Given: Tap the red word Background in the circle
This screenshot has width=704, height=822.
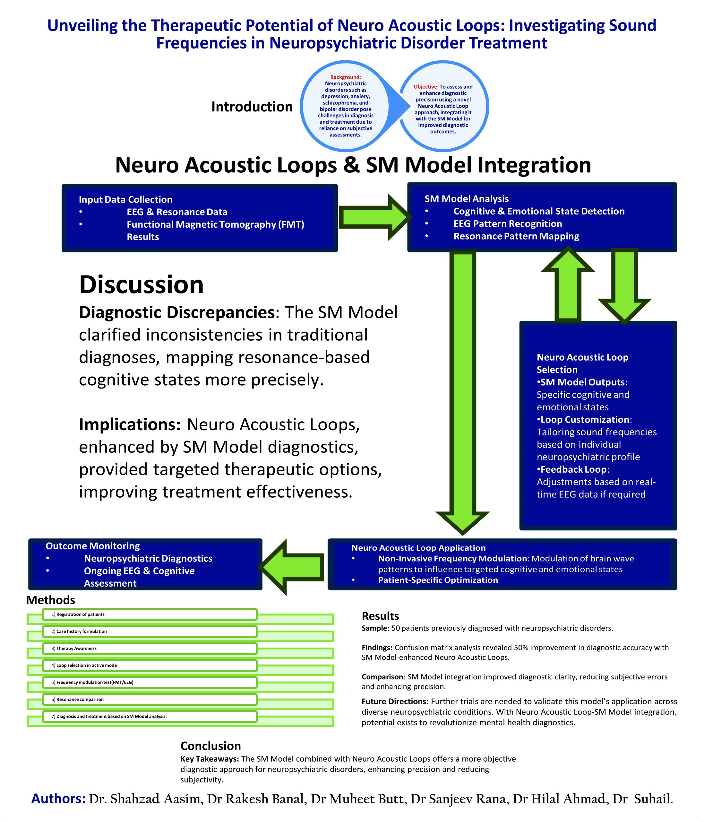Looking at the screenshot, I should coord(345,77).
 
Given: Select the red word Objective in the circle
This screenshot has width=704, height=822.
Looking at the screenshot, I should coord(426,86).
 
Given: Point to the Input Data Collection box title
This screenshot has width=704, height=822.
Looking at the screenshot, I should coord(125,199).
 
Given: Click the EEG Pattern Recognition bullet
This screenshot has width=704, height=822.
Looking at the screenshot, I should coord(507,224).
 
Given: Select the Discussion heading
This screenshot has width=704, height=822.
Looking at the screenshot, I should coord(141,284).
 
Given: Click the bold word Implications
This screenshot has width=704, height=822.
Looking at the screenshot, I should coord(130,424).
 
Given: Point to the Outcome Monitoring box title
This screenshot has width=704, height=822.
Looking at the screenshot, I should coord(93,546).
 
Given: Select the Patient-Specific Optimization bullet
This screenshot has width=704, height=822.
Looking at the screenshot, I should coord(438,580).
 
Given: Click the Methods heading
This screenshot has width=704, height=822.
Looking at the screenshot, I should coord(50,600).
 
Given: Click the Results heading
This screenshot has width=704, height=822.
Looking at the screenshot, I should coord(380,616).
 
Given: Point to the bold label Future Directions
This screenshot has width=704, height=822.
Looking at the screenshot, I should coord(395,701).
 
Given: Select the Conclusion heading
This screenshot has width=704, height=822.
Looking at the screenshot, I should coord(210,746).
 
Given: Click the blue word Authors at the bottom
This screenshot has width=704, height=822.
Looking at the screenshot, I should coord(58,799).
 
